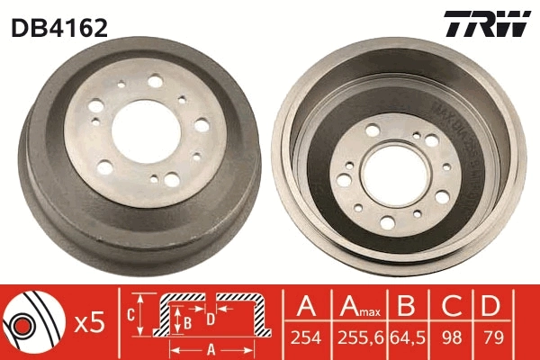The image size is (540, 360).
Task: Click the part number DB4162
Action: (x=59, y=27)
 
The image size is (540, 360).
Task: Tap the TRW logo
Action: (x=487, y=25)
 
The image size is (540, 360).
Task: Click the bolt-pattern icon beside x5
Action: (x=31, y=321)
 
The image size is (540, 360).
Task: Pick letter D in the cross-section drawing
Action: (x=210, y=318)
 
